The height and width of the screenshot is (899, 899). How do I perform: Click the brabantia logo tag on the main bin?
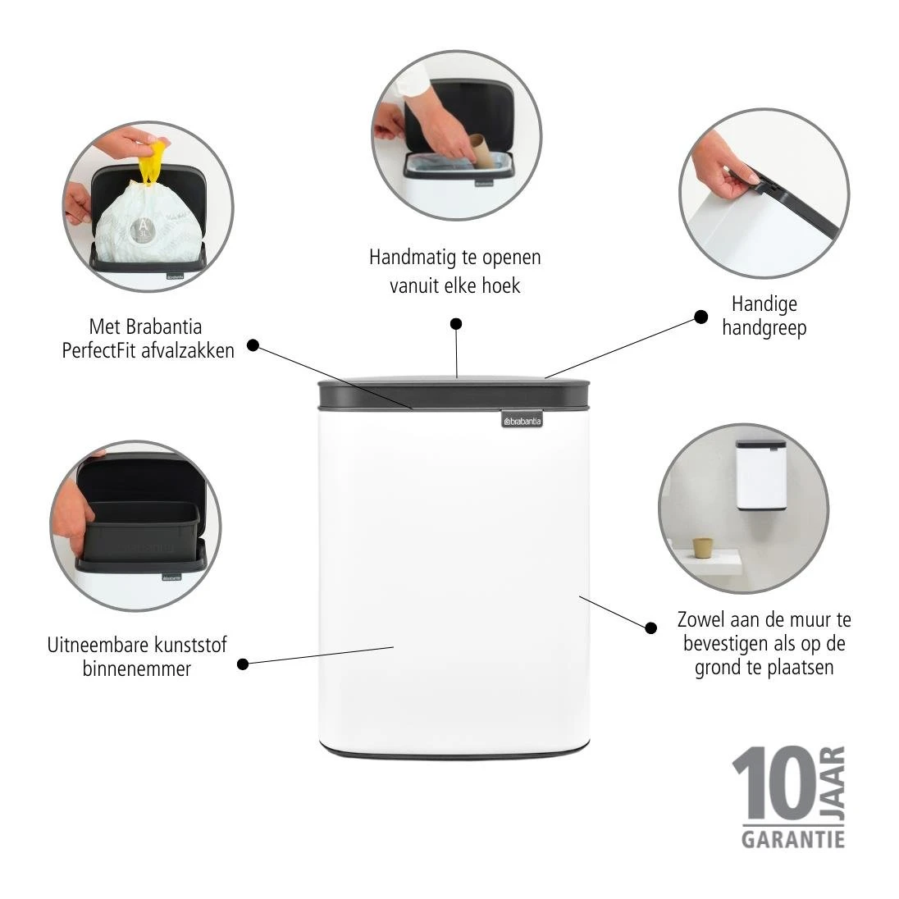[x=522, y=420]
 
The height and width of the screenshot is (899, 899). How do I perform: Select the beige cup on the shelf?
[x=702, y=548]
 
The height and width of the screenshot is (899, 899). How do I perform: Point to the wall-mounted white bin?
[x=760, y=475]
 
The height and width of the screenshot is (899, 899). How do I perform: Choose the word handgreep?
[x=764, y=329]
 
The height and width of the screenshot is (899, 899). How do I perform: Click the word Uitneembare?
[x=95, y=645]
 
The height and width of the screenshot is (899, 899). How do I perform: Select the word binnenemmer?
[x=136, y=669]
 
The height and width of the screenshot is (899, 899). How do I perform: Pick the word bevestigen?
[x=725, y=644]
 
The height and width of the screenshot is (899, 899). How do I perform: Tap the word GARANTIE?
[x=793, y=840]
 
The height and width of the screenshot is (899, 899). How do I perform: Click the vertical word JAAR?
[x=835, y=783]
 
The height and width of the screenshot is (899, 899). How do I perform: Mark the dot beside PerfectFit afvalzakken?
[x=253, y=345]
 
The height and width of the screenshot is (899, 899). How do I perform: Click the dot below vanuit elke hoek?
[x=456, y=324]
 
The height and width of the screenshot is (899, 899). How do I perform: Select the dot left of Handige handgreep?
[x=700, y=317]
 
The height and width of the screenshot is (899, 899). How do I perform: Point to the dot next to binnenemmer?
[x=243, y=664]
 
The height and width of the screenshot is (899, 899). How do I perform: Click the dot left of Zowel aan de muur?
[x=650, y=627]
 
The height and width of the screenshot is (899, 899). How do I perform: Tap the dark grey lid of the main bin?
[x=454, y=393]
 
